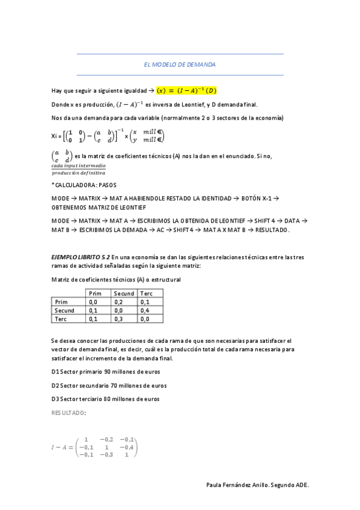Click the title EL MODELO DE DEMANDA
(x=180, y=64)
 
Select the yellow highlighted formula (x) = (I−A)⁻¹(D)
(x=187, y=91)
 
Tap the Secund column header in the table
(x=124, y=293)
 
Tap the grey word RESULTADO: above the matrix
(x=69, y=413)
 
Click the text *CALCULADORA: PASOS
(x=84, y=185)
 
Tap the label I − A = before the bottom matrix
(x=63, y=447)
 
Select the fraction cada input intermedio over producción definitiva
(x=78, y=169)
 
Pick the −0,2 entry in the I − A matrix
(x=107, y=439)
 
